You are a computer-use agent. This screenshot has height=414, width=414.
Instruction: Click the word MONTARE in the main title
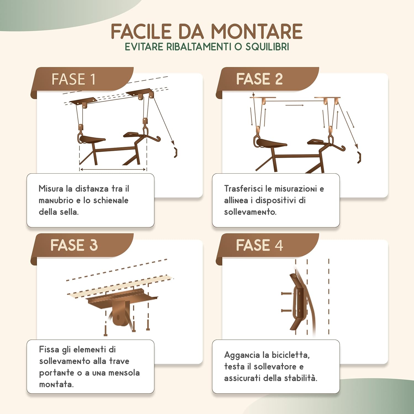(x=257, y=31)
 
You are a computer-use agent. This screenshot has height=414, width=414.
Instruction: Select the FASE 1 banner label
(x=74, y=79)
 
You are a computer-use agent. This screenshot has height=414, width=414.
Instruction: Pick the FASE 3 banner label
(x=74, y=245)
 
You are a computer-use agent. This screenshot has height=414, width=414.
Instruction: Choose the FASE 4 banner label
(x=259, y=245)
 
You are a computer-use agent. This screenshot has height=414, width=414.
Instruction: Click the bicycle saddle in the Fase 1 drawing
(x=92, y=139)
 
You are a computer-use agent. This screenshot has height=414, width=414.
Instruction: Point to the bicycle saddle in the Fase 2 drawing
(x=272, y=143)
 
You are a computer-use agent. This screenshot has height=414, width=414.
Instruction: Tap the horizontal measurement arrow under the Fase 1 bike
(x=113, y=169)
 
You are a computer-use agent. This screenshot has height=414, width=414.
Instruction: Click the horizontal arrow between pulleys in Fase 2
(x=294, y=105)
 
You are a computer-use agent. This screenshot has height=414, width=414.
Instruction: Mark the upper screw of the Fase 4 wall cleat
(x=286, y=293)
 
